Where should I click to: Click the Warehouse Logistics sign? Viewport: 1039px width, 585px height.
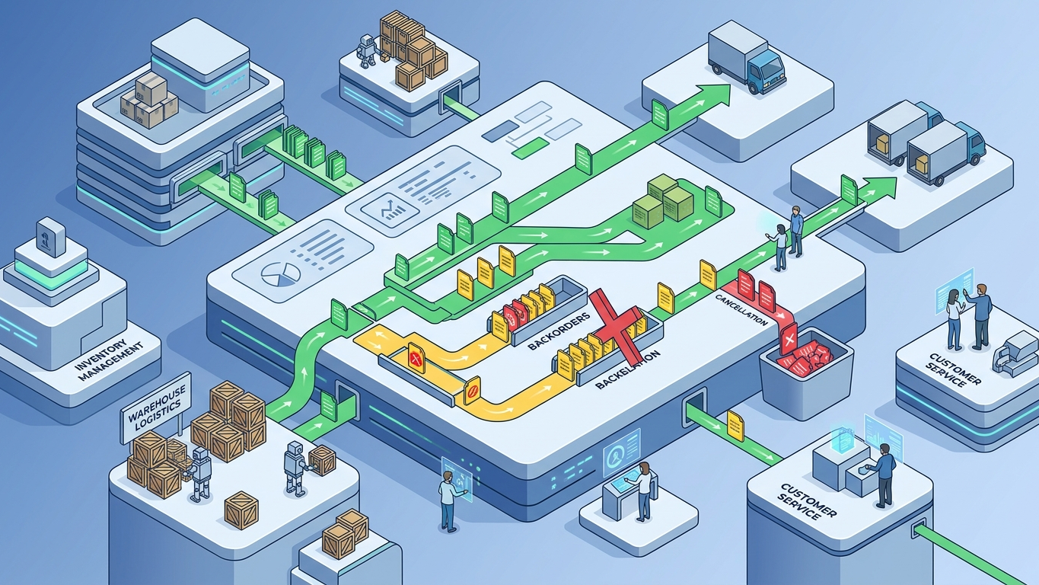pyautogui.click(x=156, y=408)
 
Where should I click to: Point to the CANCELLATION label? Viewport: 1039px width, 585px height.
pyautogui.click(x=741, y=309)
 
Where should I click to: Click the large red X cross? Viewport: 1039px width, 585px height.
pyautogui.click(x=617, y=323)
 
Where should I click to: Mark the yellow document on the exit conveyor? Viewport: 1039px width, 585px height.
pyautogui.click(x=735, y=425)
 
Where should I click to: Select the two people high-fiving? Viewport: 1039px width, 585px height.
pyautogui.click(x=967, y=315)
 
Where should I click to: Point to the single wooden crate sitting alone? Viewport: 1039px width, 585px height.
pyautogui.click(x=241, y=510)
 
